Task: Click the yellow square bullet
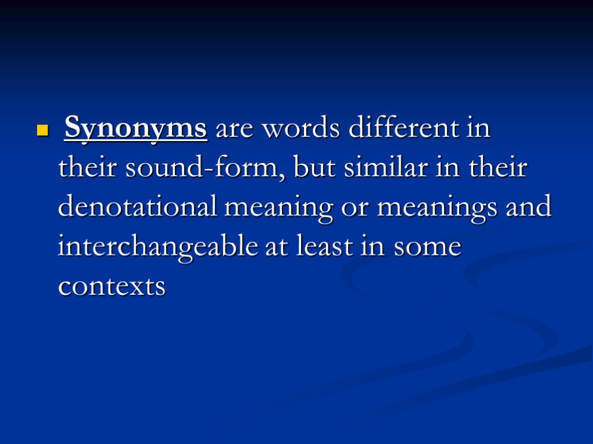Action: (41, 130)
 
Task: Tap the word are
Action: (235, 129)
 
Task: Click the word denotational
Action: (137, 207)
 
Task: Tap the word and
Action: (528, 207)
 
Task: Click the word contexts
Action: (112, 286)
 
